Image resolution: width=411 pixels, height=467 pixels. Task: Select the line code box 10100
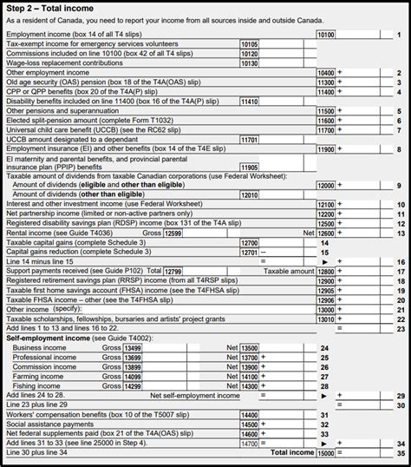[x=325, y=35]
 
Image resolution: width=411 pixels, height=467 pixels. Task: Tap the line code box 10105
[x=249, y=44]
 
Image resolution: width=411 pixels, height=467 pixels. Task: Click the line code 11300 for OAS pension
[x=325, y=82]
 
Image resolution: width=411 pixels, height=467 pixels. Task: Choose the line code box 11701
[x=249, y=139]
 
